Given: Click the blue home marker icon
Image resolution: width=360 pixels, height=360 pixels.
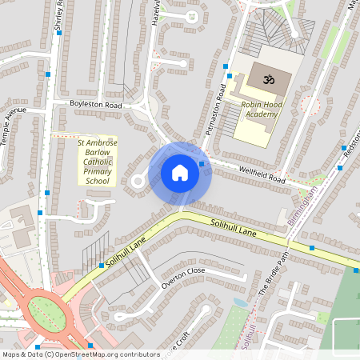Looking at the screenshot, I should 180,173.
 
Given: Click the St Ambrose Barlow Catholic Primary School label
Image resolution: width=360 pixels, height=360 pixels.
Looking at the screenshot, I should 97,162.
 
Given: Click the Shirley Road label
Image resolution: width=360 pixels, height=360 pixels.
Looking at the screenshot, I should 58,18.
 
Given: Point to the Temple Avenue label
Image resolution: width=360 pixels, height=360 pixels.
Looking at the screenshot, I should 14,119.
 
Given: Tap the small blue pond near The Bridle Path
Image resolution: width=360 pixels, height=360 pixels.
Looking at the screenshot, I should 240,303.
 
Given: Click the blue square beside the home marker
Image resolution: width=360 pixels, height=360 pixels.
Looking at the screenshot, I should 202,164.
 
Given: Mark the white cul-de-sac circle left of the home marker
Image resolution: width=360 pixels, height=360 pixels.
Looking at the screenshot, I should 137,182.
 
